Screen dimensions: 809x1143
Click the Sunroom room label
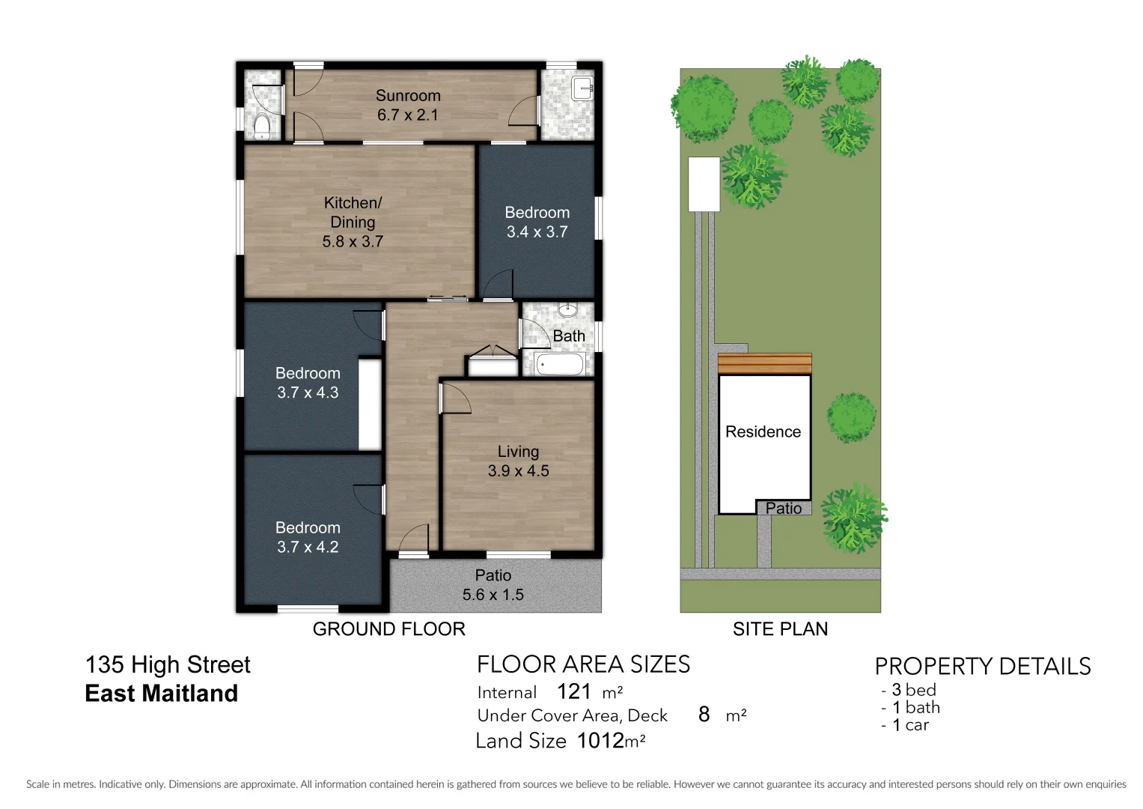408,96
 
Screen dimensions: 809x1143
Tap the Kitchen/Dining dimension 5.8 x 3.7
353,242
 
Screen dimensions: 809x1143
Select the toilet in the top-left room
261,127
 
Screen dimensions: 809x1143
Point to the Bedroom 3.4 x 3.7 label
537,222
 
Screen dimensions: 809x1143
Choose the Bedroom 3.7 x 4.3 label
308,383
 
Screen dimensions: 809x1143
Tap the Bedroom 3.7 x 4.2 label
308,537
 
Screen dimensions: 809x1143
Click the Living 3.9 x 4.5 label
518,461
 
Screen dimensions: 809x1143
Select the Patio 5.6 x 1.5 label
493,585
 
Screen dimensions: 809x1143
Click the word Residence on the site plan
763,432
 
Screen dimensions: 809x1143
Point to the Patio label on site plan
783,509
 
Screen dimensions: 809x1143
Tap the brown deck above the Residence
764,364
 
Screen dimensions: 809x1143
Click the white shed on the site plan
704,184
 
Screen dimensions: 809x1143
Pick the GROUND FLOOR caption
388,629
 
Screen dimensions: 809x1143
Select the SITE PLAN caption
780,629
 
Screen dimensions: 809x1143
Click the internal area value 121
574,691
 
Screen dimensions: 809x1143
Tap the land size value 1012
600,741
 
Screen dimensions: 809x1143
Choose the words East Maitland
161,694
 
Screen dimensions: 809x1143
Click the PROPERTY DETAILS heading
982,667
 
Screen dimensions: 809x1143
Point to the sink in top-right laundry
582,88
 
